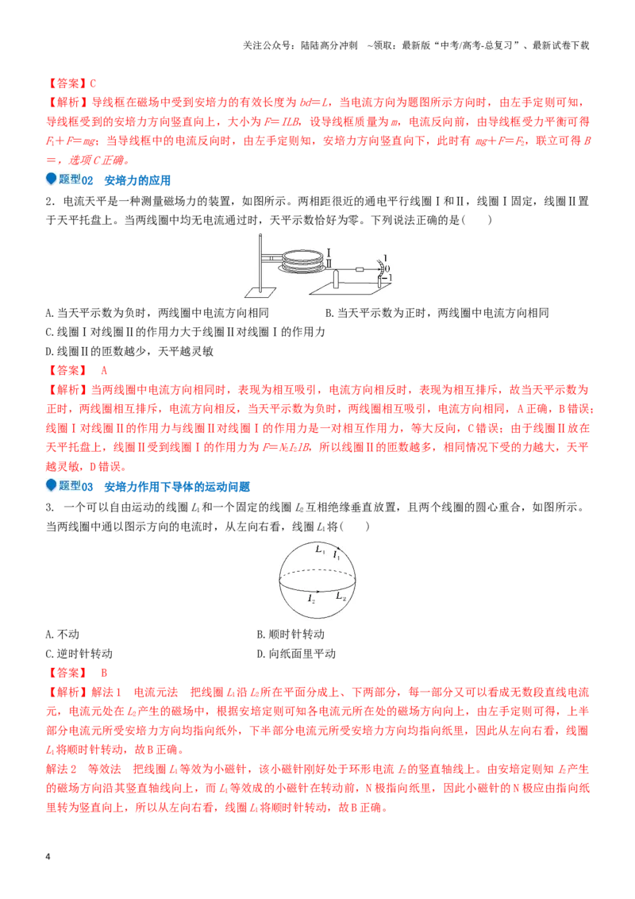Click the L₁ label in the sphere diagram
click(x=320, y=550)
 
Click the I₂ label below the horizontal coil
click(x=311, y=599)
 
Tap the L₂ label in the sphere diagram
click(x=341, y=596)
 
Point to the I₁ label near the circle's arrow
click(x=337, y=555)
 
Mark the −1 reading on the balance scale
click(x=388, y=277)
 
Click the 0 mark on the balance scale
click(x=387, y=268)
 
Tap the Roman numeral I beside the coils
click(x=329, y=253)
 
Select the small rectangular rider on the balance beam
click(x=360, y=269)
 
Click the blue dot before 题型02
click(x=51, y=179)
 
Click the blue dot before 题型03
click(x=51, y=485)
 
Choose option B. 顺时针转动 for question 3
click(x=291, y=634)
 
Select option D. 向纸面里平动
click(x=296, y=654)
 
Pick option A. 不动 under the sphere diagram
click(x=63, y=634)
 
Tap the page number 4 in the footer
click(x=48, y=857)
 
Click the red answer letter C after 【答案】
click(x=93, y=83)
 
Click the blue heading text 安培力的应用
click(x=137, y=180)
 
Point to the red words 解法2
click(x=61, y=769)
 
